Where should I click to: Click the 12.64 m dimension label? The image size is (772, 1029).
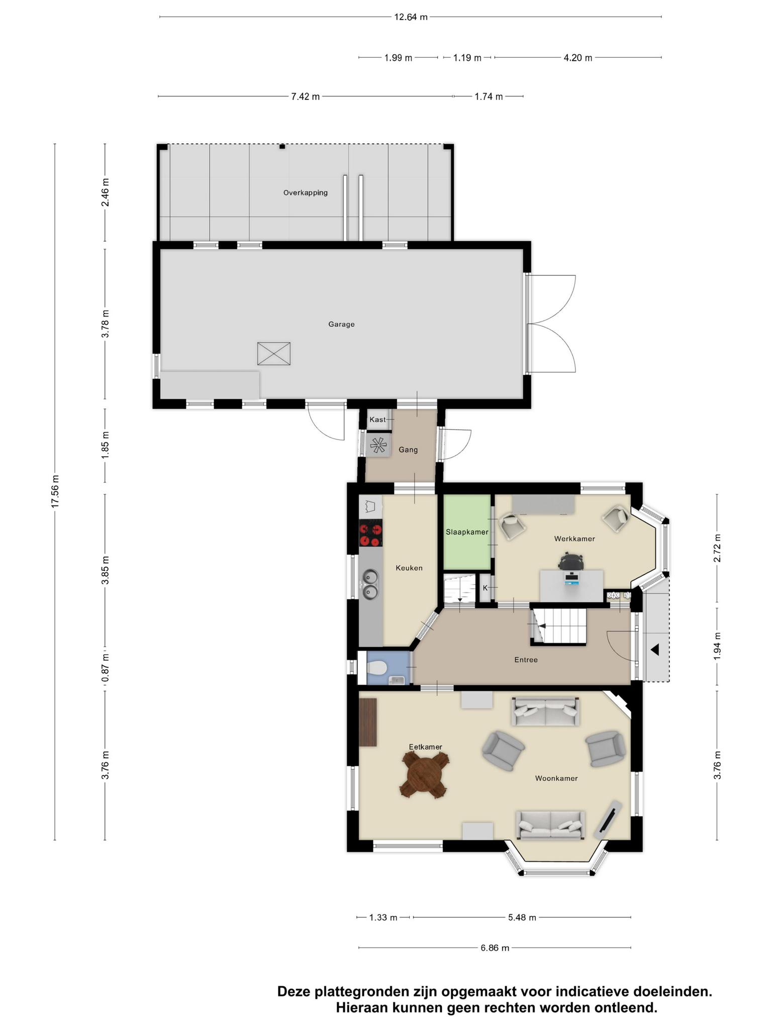click(411, 17)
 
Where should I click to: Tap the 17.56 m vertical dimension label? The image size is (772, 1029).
click(55, 491)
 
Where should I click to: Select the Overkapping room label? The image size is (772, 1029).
click(306, 192)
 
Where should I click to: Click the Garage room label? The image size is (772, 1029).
click(342, 324)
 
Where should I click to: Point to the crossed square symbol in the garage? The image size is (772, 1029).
click(274, 354)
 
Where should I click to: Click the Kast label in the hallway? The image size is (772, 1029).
click(377, 420)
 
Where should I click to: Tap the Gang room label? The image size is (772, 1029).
click(408, 450)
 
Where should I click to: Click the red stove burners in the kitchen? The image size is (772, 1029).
click(371, 535)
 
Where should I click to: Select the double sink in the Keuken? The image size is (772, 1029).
click(371, 584)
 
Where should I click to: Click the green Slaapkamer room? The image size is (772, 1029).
click(467, 533)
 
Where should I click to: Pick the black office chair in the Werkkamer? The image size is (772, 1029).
click(571, 561)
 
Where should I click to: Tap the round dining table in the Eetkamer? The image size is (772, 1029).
click(424, 777)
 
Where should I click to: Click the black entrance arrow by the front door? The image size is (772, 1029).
click(655, 650)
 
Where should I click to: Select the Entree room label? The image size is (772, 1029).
click(526, 660)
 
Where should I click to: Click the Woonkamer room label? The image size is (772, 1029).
click(556, 778)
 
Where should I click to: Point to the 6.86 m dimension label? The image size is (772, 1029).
click(495, 948)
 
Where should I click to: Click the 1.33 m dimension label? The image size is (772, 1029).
click(383, 917)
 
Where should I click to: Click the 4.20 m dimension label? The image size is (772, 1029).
click(578, 58)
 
